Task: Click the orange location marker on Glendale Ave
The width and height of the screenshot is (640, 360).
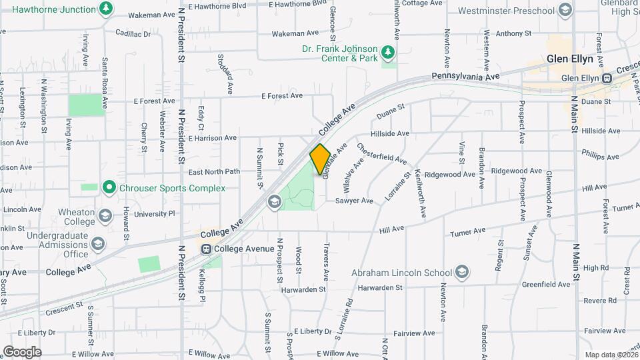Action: point(320,158)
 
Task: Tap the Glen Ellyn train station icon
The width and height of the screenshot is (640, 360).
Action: point(607,78)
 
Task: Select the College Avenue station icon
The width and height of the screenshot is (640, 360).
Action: point(207,249)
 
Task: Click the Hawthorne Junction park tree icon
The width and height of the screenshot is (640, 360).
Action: point(105,9)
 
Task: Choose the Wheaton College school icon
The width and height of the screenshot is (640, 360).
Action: point(105,216)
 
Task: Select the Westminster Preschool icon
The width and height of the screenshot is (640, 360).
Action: point(565,11)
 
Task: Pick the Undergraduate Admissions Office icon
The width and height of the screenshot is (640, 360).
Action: point(99,243)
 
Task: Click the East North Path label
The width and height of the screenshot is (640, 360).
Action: point(213,171)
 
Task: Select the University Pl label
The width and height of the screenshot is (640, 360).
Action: point(153,214)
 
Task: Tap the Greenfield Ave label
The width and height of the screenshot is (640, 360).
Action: point(546,284)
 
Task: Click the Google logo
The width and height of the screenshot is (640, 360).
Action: point(22,351)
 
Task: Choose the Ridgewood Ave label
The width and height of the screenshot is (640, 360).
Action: point(450,174)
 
